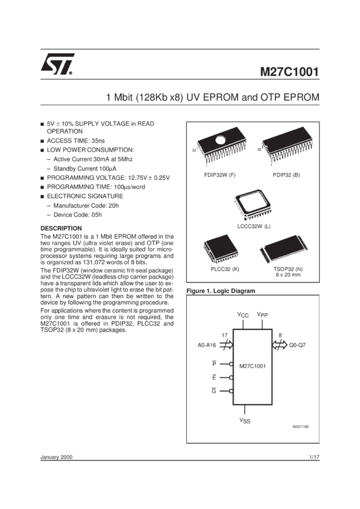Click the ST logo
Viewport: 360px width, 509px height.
(57, 64)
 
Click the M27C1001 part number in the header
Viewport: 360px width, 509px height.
(289, 72)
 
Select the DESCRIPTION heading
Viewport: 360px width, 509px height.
(61, 228)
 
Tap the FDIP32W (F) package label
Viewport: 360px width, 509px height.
(220, 175)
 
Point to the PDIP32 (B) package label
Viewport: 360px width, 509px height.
(286, 175)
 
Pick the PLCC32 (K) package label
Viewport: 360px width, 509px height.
(225, 269)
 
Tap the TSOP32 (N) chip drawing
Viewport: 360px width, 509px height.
(284, 249)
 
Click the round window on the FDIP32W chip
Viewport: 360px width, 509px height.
(220, 140)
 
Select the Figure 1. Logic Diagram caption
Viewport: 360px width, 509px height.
(221, 291)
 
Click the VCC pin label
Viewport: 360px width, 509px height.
(243, 315)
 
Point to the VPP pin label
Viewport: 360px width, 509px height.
(262, 314)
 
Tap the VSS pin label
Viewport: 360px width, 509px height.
(245, 420)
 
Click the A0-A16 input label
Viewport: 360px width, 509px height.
(207, 345)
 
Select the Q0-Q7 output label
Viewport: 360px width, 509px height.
(297, 345)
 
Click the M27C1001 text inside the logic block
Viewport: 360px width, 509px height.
(253, 366)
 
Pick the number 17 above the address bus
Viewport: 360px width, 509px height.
(225, 335)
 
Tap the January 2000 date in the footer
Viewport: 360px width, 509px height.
(56, 457)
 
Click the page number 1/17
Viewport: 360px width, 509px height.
(314, 457)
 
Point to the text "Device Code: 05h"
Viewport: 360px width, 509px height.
(78, 214)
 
